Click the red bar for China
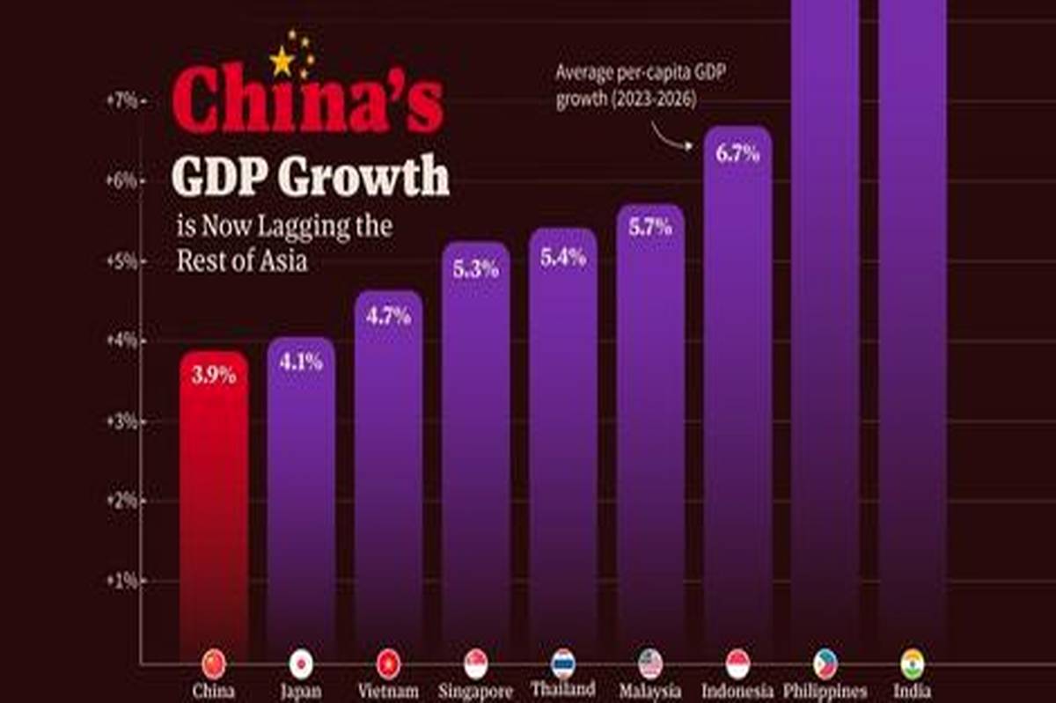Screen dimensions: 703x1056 pyautogui.click(x=214, y=510)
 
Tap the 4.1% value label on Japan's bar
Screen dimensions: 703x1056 pyautogui.click(x=301, y=361)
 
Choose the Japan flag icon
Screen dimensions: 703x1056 pyautogui.click(x=301, y=663)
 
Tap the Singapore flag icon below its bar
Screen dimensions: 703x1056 pyautogui.click(x=476, y=663)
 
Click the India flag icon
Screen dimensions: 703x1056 pyautogui.click(x=912, y=663)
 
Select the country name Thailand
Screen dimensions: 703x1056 pyautogui.click(x=563, y=689)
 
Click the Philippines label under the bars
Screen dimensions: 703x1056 pyautogui.click(x=825, y=692)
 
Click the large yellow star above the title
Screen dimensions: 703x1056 pyautogui.click(x=282, y=61)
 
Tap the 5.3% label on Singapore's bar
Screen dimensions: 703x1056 pyautogui.click(x=476, y=268)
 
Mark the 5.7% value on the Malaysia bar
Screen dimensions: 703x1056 pyautogui.click(x=650, y=227)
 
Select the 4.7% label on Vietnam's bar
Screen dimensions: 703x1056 pyautogui.click(x=388, y=317)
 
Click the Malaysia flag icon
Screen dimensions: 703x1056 pyautogui.click(x=650, y=663)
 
